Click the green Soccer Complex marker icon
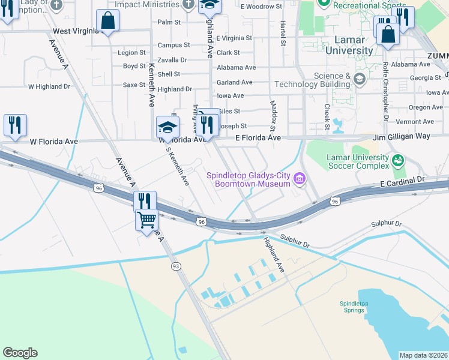[397, 160]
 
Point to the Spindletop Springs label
[354, 307]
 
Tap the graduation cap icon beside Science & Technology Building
[359, 79]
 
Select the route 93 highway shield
[176, 266]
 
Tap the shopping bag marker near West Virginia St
[107, 21]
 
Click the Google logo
[20, 353]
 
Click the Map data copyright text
[423, 355]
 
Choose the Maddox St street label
[273, 116]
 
